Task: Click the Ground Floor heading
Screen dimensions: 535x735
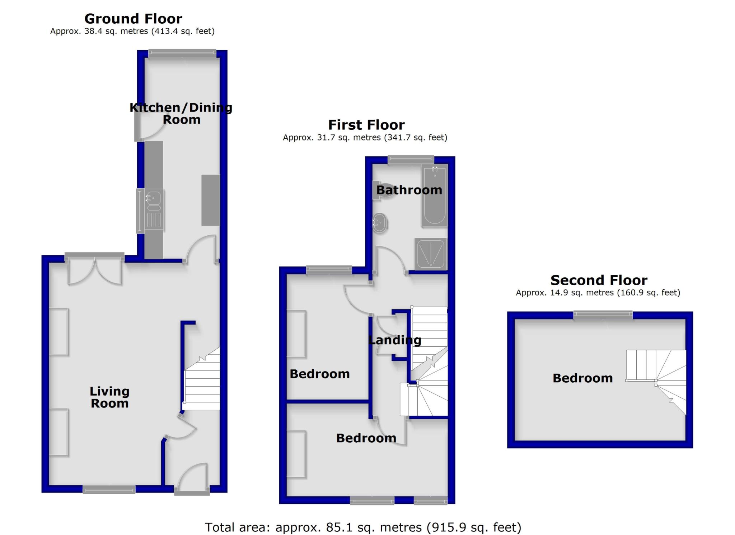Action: coord(133,19)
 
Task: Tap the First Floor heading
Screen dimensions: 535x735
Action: coord(366,125)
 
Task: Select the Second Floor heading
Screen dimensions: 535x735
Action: coord(599,280)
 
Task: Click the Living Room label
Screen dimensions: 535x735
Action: coord(109,397)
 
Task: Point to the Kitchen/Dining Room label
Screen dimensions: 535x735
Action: coord(181,113)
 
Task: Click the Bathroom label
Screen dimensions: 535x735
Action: coord(409,190)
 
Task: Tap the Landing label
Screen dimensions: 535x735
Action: coord(395,340)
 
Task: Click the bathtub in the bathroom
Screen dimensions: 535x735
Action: coord(435,195)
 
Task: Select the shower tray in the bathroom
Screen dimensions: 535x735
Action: coord(431,254)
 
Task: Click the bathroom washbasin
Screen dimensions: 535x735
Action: coord(380,223)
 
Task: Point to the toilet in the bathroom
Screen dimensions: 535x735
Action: coord(381,190)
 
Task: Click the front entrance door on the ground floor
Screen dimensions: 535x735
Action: coord(192,478)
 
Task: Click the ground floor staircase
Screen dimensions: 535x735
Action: coord(202,384)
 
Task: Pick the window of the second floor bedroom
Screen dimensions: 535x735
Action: coord(603,315)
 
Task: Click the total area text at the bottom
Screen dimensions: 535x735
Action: coord(363,527)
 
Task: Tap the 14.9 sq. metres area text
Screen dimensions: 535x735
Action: coord(598,293)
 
